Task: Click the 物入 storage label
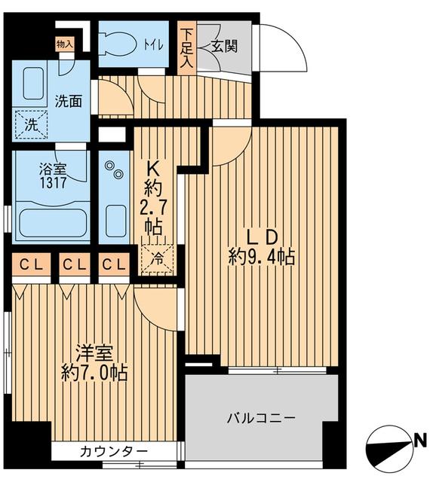point(65,44)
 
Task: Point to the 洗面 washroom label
point(69,101)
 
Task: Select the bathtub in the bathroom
point(50,223)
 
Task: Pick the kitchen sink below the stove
point(115,220)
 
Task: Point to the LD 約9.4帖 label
point(260,247)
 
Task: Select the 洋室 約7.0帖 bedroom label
point(94,361)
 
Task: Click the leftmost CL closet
point(30,264)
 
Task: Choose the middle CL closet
point(73,264)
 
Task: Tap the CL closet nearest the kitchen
point(114,264)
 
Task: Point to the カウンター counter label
point(113,452)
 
